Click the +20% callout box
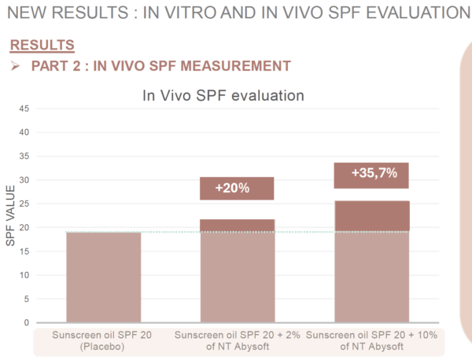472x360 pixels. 237,189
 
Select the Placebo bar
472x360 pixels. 103,277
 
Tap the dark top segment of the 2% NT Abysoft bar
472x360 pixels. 237,226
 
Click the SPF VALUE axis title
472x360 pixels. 10,215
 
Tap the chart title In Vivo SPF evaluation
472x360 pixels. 223,95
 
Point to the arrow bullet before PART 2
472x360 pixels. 15,66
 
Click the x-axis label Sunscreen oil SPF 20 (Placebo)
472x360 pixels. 103,340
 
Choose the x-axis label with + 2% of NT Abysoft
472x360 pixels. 237,340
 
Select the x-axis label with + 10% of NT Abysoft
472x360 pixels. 372,340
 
